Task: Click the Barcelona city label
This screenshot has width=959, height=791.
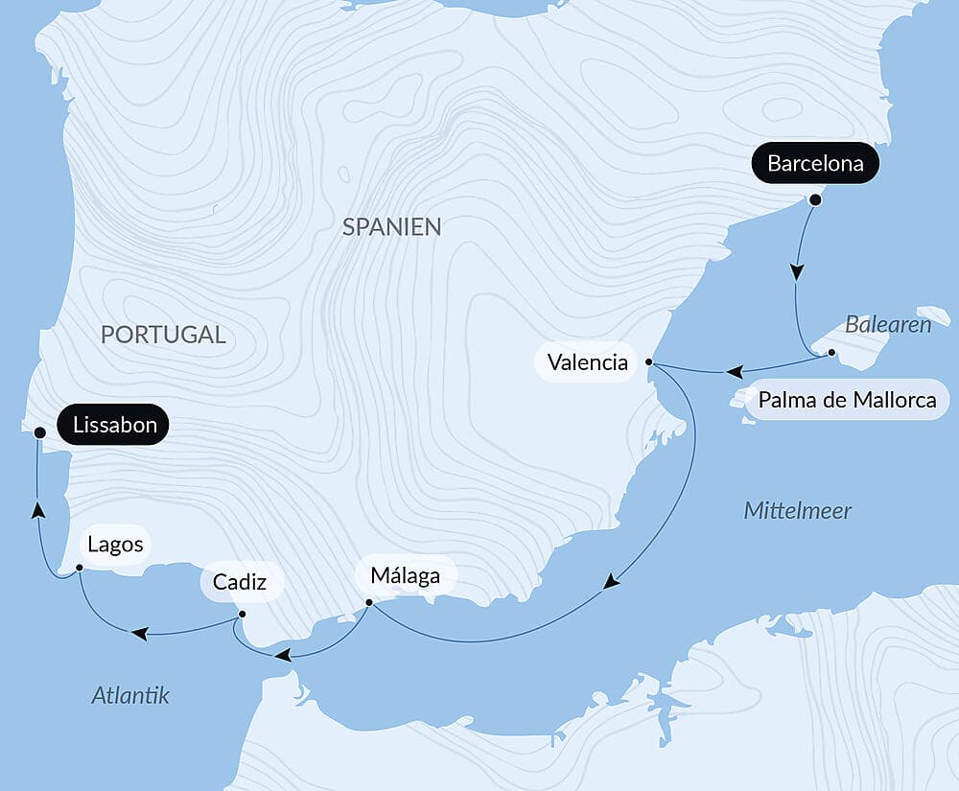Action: (815, 164)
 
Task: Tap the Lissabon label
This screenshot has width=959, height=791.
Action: (114, 425)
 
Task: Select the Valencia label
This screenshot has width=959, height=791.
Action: (587, 362)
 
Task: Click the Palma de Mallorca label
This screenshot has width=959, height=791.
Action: (847, 400)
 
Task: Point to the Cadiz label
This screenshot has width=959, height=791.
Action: (241, 582)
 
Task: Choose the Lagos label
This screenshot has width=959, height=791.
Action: (115, 545)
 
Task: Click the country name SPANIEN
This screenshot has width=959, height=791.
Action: (391, 227)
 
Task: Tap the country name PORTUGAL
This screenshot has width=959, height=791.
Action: (163, 335)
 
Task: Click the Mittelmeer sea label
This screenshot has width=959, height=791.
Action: (797, 511)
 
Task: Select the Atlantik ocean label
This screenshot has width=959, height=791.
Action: (130, 695)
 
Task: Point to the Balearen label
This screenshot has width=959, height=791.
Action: (887, 325)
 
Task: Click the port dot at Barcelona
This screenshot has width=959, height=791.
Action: (815, 200)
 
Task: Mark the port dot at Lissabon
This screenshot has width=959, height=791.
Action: (39, 433)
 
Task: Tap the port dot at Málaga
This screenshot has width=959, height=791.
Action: (369, 603)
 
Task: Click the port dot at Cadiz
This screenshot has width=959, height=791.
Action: (242, 614)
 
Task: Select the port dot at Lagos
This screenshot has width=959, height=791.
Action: (80, 568)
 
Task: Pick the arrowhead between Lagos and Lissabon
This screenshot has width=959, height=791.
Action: (37, 510)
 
